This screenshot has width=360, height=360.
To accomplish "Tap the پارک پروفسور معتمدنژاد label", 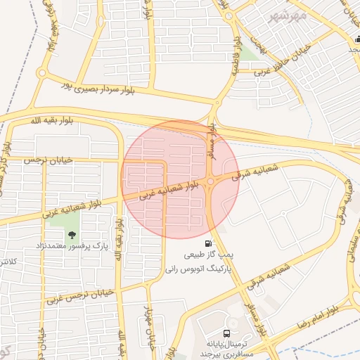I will coord(71,247).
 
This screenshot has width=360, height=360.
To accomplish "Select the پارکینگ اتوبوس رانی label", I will coord(194,268).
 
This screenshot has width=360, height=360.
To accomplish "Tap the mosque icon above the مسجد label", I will coord(356,39).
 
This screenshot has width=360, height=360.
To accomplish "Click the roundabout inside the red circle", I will coord(210,184).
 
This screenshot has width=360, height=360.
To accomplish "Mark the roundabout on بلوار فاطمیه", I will coord(215,103).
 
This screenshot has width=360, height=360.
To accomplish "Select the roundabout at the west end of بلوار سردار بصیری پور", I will coord(44,72).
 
